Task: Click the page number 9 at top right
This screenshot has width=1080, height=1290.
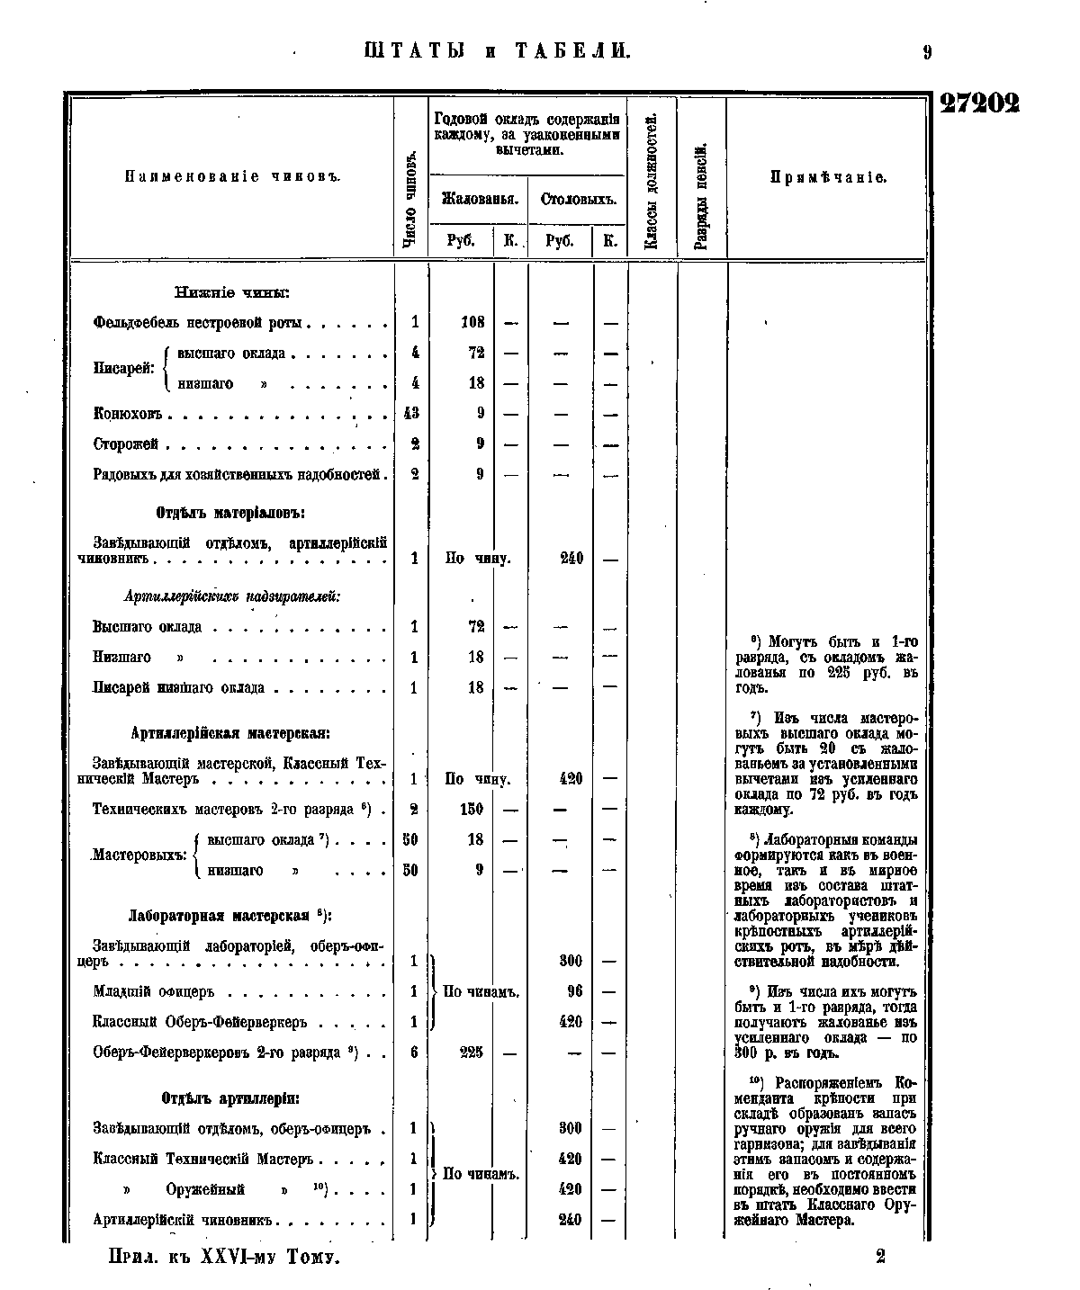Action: pos(926,52)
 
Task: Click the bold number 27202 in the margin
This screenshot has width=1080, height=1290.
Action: pos(980,103)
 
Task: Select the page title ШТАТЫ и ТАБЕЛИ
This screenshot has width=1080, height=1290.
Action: pos(498,51)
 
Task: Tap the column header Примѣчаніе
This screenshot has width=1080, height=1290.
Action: pos(828,177)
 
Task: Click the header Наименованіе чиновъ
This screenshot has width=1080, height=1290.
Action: pos(230,175)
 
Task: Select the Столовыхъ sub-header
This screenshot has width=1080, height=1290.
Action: pos(578,199)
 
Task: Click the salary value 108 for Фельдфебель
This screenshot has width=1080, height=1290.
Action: pos(472,322)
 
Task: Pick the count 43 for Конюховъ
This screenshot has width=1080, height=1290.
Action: pos(413,414)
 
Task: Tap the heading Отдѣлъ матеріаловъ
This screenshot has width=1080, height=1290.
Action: pos(230,513)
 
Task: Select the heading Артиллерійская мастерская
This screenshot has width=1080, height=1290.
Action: pos(230,733)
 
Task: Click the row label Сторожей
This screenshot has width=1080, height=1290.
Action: pos(126,444)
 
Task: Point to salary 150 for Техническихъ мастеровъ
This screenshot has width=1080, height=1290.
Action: pos(472,810)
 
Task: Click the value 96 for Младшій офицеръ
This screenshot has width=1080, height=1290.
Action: pos(574,991)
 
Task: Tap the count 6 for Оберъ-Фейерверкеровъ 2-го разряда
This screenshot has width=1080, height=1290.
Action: pos(413,1053)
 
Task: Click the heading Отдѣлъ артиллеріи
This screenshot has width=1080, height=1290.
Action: pos(230,1098)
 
